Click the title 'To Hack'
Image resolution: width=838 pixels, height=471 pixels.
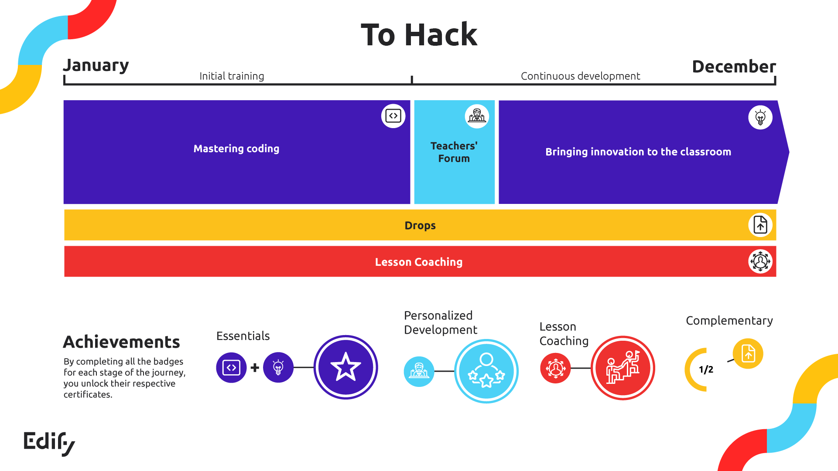(x=419, y=35)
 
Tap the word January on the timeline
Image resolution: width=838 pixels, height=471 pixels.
(x=96, y=65)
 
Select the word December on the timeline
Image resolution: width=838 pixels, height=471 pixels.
(x=734, y=67)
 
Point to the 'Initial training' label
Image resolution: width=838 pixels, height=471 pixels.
(x=232, y=76)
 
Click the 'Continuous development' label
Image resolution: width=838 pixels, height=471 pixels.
(x=580, y=76)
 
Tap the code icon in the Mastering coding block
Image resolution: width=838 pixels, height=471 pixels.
(x=393, y=116)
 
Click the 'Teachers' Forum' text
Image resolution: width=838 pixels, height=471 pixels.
(x=454, y=152)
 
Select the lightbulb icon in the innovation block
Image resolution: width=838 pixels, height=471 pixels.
(x=760, y=117)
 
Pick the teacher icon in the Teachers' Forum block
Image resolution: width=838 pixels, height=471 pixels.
(x=477, y=116)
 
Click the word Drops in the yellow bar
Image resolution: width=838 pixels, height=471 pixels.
(x=420, y=225)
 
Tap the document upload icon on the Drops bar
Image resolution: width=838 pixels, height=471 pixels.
(x=760, y=225)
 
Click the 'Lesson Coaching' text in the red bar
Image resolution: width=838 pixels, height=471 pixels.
(x=419, y=262)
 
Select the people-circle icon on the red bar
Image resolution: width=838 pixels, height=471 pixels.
(x=760, y=261)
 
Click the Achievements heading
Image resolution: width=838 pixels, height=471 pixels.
(x=121, y=342)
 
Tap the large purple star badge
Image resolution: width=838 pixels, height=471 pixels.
(x=345, y=367)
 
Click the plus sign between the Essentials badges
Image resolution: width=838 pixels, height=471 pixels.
(x=255, y=368)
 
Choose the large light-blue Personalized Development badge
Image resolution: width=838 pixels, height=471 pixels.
(x=486, y=371)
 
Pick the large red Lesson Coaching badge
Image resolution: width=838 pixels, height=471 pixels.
(x=623, y=368)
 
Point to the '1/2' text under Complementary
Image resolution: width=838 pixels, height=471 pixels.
(x=706, y=369)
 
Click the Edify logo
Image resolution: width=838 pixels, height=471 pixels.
(x=49, y=443)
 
